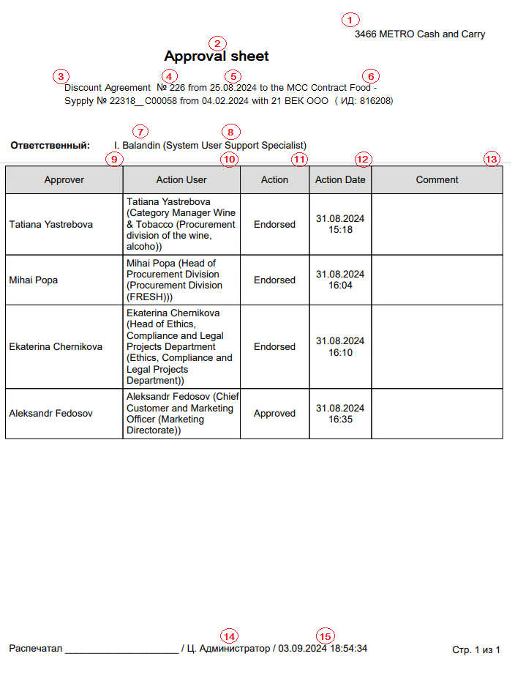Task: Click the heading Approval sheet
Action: pos(217,56)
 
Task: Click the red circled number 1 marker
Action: pos(351,20)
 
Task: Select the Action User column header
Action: pos(181,179)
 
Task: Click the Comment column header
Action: pos(437,179)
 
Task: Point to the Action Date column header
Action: pos(340,179)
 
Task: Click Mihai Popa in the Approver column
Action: pos(33,280)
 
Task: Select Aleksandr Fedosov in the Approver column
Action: pos(51,413)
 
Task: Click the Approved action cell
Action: pos(274,413)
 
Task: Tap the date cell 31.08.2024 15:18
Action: pos(340,224)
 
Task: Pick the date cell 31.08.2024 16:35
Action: pos(340,413)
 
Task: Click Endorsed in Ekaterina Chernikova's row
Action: pos(274,346)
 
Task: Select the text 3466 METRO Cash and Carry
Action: pos(420,34)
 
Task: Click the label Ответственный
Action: pos(50,146)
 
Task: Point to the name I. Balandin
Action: pos(137,146)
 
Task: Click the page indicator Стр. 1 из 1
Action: pos(476,649)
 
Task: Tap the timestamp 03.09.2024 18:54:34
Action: pos(323,648)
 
